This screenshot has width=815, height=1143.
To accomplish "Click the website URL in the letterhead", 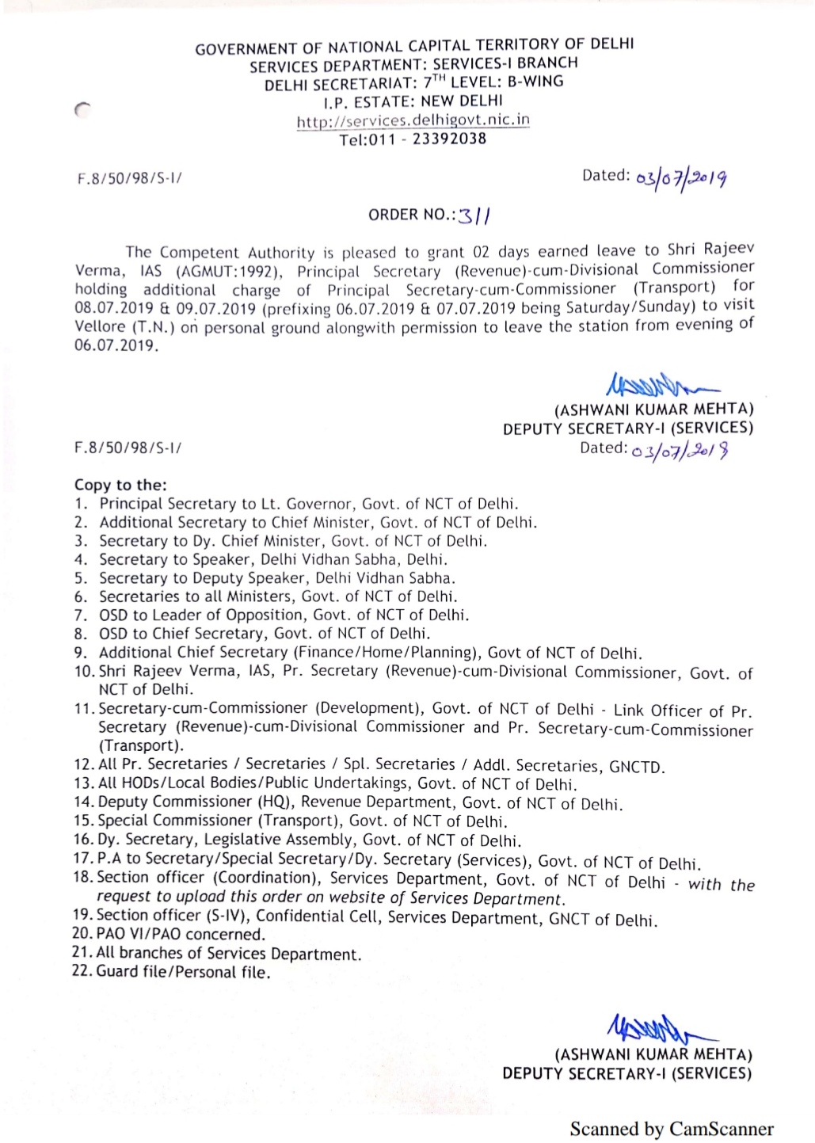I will click(413, 121).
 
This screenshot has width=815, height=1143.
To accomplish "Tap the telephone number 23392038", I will click(449, 139).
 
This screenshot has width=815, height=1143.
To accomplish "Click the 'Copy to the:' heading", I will click(120, 485).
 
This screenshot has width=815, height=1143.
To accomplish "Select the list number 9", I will click(80, 653).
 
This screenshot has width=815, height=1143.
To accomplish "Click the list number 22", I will click(82, 971).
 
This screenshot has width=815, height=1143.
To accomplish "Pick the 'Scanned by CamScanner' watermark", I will click(672, 1129).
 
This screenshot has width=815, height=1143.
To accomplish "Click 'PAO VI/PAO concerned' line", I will click(181, 935).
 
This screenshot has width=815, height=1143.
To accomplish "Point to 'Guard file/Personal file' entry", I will click(183, 972).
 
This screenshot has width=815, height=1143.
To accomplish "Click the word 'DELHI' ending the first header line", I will click(612, 44).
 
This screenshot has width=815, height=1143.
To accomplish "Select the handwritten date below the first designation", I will click(680, 451).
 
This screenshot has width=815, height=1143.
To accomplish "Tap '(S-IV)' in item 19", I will click(230, 916).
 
